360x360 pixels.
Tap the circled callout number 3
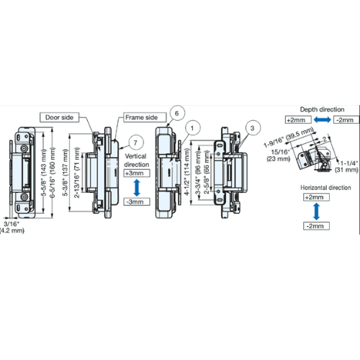(x=252, y=129)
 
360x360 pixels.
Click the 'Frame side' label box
(x=141, y=117)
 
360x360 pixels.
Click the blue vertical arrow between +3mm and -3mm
(x=136, y=189)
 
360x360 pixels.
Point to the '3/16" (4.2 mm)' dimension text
(x=13, y=227)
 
